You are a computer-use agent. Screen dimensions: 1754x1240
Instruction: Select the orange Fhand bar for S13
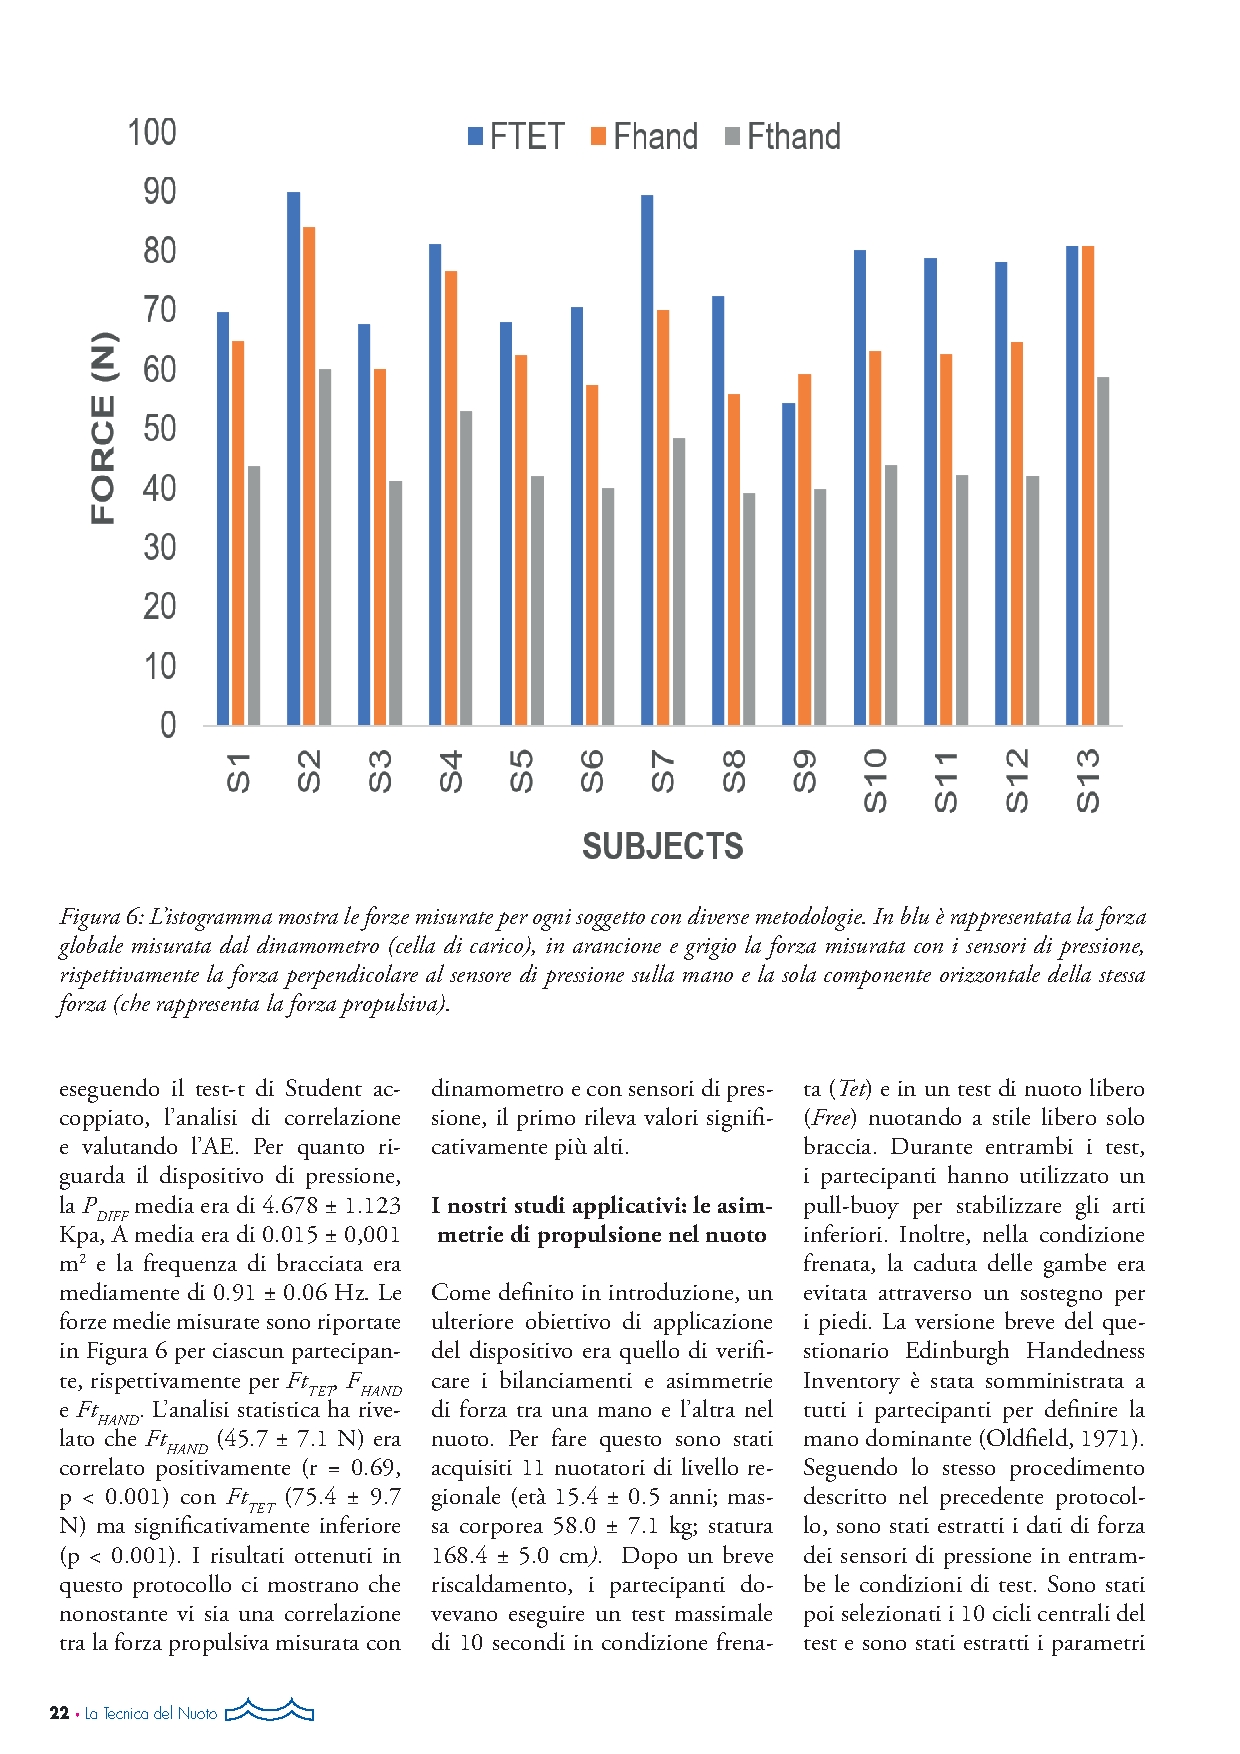coord(1088,485)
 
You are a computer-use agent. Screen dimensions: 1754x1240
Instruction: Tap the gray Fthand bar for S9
coord(820,607)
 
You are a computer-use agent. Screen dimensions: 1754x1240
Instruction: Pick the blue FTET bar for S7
coord(647,460)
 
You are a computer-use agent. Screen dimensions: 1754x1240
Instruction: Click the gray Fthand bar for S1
coord(254,595)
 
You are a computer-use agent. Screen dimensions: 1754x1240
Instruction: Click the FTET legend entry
coord(516,137)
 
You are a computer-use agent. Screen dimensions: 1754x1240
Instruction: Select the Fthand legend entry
coord(782,137)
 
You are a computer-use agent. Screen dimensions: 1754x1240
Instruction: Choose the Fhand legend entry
coord(644,137)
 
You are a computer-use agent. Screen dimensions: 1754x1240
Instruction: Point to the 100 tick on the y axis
coord(152,133)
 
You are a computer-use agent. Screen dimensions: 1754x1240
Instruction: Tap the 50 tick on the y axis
coord(159,429)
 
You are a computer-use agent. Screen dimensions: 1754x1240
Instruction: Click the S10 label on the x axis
coord(875,780)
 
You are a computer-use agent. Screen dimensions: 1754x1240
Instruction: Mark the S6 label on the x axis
coord(592,771)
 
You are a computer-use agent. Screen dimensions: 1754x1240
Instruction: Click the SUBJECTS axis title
coord(662,847)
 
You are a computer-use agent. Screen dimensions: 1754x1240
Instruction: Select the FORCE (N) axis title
coord(103,428)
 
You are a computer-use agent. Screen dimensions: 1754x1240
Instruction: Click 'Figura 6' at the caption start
coord(102,917)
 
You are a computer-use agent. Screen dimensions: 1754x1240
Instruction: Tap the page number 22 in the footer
coord(59,1713)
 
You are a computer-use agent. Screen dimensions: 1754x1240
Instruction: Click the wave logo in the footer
coord(270,1710)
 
